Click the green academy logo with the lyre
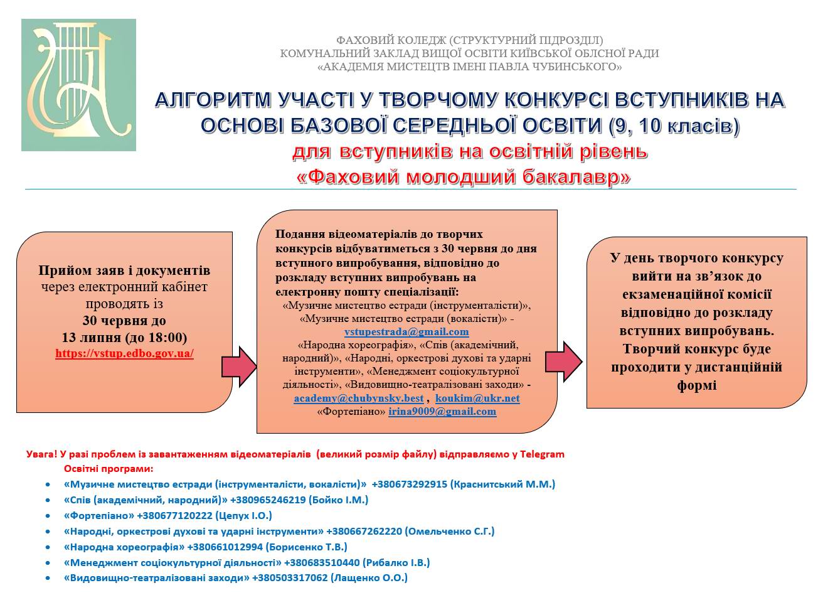pos(78,85)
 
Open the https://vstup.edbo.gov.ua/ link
pos(125,353)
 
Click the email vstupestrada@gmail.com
pos(406,331)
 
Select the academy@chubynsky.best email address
pos(359,398)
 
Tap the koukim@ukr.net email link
pos(477,398)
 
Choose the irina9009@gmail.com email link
pos(442,411)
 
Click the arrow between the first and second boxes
pos(239,367)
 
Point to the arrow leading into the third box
pos(564,362)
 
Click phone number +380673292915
pos(409,484)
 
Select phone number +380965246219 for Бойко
pos(268,500)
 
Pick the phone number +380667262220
pos(364,532)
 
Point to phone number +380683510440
pos(322,562)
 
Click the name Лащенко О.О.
pos(369,578)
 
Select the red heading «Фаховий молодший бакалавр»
pos(464,177)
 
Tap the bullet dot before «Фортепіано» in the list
pos(48,516)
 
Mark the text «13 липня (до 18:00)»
pos(124,337)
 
